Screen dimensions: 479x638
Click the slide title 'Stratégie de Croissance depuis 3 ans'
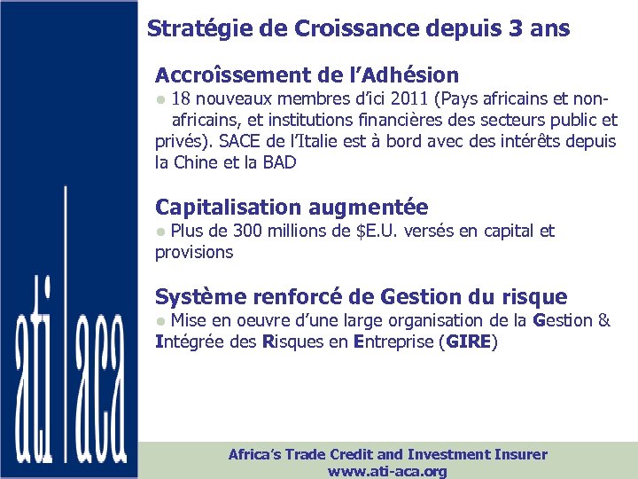[358, 28]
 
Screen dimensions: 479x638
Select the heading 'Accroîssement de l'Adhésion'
[307, 75]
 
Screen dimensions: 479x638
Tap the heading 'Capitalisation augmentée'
[292, 208]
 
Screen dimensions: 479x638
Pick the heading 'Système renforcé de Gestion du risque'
[361, 296]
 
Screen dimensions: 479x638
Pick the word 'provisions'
[194, 252]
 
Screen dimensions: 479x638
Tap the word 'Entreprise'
[392, 342]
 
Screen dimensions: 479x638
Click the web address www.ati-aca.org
[387, 471]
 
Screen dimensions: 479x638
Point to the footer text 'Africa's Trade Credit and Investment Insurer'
[387, 454]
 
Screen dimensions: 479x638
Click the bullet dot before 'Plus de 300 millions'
[160, 232]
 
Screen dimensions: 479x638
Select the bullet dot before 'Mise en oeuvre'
[160, 320]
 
